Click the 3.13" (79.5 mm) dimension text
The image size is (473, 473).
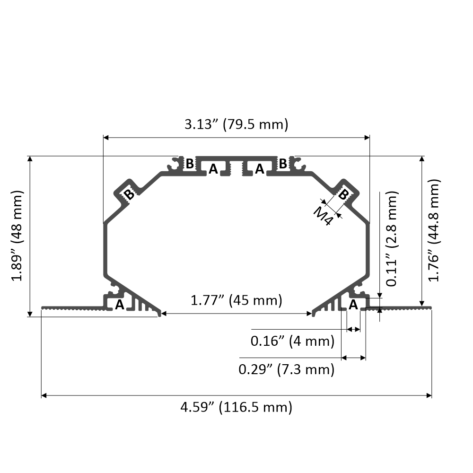pos(236,125)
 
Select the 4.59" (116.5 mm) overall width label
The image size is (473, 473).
pos(236,407)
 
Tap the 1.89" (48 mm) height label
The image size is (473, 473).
pos(18,236)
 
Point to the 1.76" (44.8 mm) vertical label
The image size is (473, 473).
pos(434,230)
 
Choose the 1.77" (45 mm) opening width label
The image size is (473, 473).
pos(236,300)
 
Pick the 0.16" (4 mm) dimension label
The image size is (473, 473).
pos(292,341)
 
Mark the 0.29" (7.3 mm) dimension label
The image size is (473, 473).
pos(286,369)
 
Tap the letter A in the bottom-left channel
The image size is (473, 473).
pos(120,305)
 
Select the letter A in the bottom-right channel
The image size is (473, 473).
pos(353,305)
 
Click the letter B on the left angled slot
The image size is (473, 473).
pos(128,194)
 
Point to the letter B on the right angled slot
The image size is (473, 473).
pos(344,194)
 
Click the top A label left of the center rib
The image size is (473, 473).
pos(213,169)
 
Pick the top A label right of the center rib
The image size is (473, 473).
pos(259,169)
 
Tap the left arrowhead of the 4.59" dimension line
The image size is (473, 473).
pos(44,395)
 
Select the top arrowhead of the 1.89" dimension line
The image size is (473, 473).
pos(30,159)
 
